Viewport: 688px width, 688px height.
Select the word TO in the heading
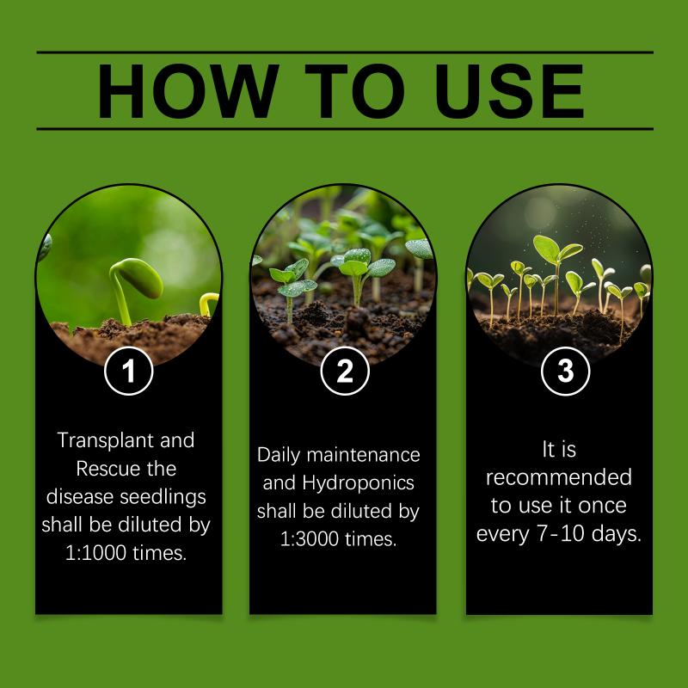(354, 91)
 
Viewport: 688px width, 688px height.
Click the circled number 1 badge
(128, 371)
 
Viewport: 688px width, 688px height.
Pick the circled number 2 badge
(345, 371)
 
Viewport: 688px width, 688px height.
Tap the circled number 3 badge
(566, 372)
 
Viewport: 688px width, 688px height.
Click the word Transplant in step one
(105, 440)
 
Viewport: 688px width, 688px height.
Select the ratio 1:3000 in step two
(310, 539)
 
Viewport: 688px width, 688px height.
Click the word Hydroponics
(358, 483)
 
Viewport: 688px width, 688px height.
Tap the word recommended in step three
(558, 477)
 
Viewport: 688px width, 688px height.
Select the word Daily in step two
(278, 456)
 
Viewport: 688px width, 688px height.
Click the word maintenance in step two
(363, 455)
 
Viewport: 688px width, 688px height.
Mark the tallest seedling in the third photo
(557, 273)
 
